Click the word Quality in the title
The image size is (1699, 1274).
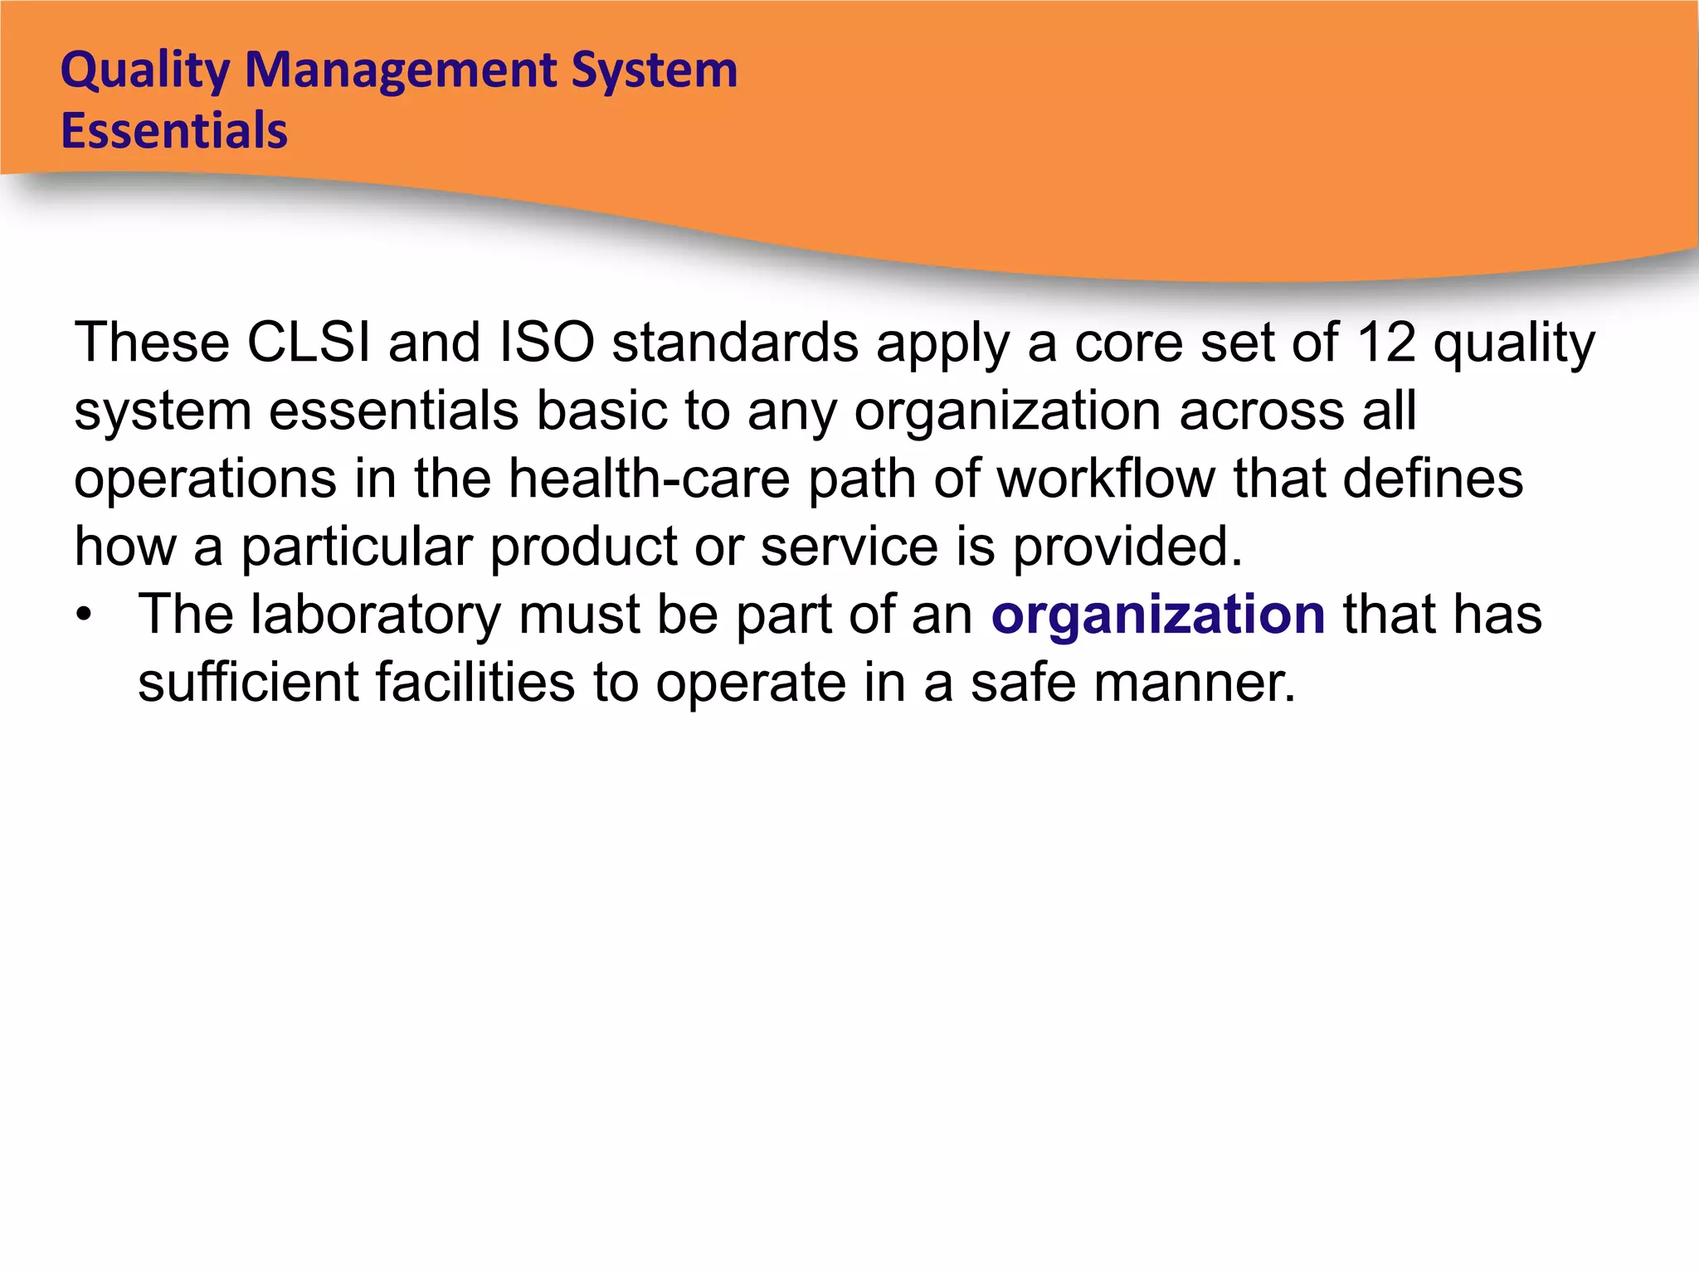click(144, 71)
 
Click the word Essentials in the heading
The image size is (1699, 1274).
click(174, 131)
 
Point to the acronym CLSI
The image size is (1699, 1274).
click(309, 342)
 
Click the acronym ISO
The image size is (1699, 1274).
click(547, 342)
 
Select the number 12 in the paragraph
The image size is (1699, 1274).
click(1385, 342)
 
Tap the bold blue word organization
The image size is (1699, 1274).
click(1158, 615)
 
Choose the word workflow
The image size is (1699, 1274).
click(1106, 479)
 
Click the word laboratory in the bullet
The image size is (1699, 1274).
click(376, 615)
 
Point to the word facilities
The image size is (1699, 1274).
click(475, 683)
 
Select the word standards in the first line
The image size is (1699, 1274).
click(735, 342)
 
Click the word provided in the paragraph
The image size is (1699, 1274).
click(1127, 547)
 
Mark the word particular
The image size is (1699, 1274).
click(357, 547)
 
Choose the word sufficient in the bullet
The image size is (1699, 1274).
click(248, 683)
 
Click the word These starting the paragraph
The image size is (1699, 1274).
click(152, 342)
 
